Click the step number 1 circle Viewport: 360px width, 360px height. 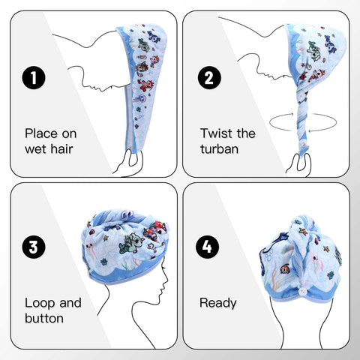pos(34,77)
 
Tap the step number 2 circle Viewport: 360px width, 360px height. pos(209,77)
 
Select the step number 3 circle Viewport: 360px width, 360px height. pos(34,247)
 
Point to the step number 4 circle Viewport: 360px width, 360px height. pos(207,247)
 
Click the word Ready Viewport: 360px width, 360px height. pos(218,303)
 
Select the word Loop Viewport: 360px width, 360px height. pos(40,303)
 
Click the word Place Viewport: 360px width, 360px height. pos(41,133)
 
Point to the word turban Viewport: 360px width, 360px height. pos(219,149)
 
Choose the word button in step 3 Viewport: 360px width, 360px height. pos(44,318)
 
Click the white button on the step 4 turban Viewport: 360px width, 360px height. pos(303,291)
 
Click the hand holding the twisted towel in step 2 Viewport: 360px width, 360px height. pos(299,164)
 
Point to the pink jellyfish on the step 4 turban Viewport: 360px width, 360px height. pos(313,260)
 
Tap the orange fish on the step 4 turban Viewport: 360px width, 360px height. pos(285,269)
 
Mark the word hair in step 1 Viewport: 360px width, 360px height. pos(61,149)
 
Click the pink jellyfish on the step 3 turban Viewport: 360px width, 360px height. pos(90,249)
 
